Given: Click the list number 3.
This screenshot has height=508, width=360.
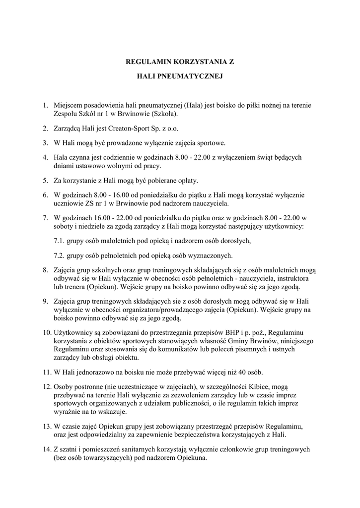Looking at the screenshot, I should pyautogui.click(x=45, y=143).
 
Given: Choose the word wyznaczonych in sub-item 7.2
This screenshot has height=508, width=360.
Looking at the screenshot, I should pyautogui.click(x=211, y=256).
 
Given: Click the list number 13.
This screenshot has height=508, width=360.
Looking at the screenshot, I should pyautogui.click(x=46, y=426).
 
